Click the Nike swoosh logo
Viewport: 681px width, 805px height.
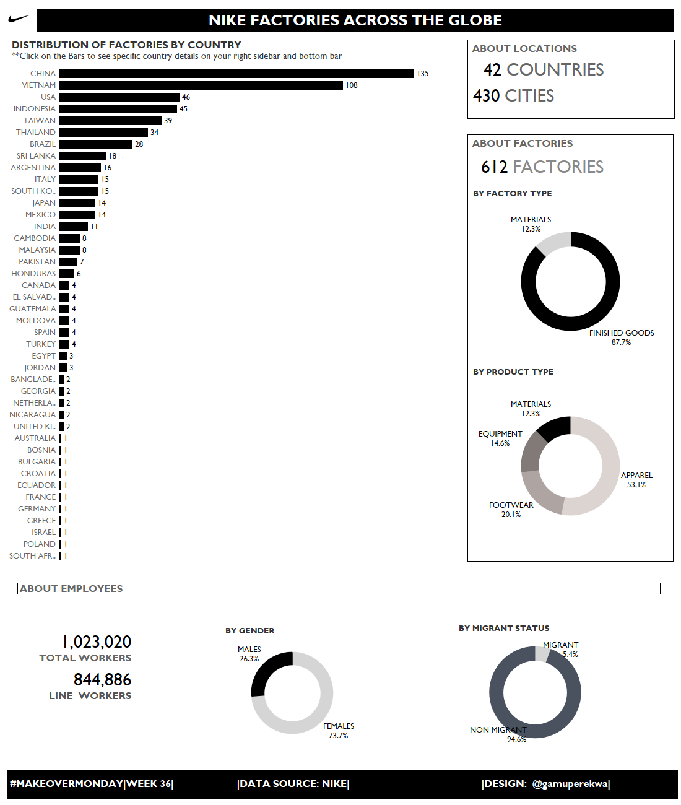(18, 19)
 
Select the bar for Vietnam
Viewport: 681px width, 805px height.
(201, 85)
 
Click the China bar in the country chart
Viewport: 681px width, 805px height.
(236, 74)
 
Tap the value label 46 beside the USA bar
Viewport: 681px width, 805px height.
(186, 97)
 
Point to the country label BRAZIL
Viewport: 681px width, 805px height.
(43, 144)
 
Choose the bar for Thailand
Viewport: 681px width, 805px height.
(103, 133)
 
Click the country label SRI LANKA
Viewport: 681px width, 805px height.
(36, 156)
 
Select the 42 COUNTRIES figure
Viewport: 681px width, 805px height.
(543, 70)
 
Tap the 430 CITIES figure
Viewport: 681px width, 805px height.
(513, 96)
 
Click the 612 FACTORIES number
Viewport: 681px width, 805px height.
(542, 167)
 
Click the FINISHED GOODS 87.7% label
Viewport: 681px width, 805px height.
(622, 337)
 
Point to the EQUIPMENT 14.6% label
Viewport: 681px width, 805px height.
(500, 438)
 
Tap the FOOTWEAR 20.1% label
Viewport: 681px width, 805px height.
(511, 510)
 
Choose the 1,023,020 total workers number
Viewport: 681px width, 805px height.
(97, 642)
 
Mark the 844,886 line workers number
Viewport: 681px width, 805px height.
(102, 680)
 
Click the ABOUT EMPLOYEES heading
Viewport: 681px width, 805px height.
(71, 589)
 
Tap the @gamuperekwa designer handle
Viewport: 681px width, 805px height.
(570, 784)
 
